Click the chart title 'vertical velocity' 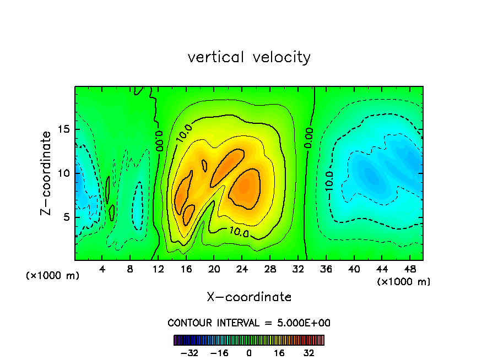point(249,57)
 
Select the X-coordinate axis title point(249,297)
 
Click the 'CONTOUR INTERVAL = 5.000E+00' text point(249,323)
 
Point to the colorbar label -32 point(189,353)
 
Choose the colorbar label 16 point(279,353)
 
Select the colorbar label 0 point(249,353)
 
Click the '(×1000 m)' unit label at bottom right point(404,281)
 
